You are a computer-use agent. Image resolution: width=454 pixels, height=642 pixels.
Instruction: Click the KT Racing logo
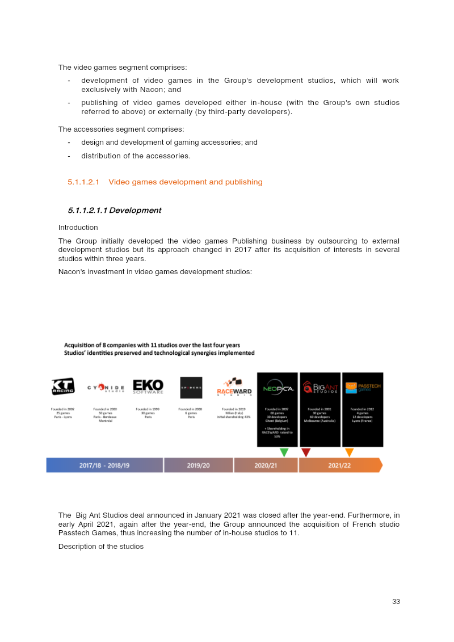point(63,387)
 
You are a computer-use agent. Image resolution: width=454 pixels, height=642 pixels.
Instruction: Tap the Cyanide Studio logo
point(106,388)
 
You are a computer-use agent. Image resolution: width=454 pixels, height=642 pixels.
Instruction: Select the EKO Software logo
point(148,387)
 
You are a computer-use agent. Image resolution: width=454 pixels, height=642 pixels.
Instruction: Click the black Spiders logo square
point(191,387)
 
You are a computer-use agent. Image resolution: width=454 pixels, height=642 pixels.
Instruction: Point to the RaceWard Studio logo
point(234,388)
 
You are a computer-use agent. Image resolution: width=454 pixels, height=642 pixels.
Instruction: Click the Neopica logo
point(278,388)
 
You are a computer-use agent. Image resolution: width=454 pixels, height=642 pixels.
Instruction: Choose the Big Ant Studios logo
point(320,388)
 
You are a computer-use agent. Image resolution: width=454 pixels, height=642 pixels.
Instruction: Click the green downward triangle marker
point(284,452)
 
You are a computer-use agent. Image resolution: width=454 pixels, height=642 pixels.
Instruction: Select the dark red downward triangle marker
point(306,452)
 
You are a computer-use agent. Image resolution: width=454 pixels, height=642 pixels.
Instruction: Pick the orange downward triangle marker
point(350,452)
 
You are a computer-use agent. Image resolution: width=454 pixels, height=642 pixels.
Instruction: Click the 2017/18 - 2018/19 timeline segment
point(104,465)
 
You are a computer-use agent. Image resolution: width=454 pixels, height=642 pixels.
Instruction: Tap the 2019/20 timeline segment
point(199,465)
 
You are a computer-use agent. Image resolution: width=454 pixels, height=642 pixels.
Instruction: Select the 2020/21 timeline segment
point(266,465)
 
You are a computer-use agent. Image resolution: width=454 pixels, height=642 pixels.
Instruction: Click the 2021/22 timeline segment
point(339,465)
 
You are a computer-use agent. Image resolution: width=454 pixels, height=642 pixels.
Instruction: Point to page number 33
point(396,601)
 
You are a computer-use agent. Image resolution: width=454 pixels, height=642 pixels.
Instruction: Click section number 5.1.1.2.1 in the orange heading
point(83,182)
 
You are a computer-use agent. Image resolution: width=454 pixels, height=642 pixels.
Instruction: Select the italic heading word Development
point(135,211)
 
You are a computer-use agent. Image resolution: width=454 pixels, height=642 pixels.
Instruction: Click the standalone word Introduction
point(78,228)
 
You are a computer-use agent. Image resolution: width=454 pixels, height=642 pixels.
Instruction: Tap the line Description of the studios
point(101,547)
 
